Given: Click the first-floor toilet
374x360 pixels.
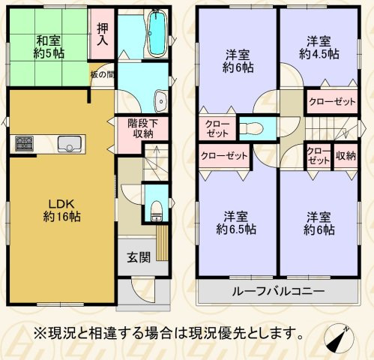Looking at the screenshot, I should click(156, 211).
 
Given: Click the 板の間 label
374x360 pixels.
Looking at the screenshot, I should click(101, 75).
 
